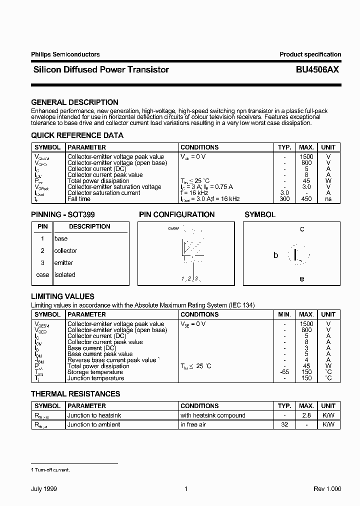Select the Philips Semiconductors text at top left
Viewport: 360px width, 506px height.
[x=65, y=54]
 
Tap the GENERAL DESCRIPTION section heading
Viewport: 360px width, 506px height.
[x=74, y=102]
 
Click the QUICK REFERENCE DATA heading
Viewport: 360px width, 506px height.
[x=77, y=135]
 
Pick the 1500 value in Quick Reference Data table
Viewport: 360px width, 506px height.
[x=306, y=157]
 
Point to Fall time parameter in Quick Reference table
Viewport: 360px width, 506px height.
[x=78, y=199]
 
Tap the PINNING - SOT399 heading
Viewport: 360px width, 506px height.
[x=63, y=214]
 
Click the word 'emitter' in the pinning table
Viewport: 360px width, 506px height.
[x=63, y=263]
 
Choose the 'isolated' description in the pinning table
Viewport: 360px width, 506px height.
[x=64, y=275]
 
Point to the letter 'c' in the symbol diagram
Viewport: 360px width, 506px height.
[x=301, y=229]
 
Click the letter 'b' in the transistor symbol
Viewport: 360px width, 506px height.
[x=275, y=255]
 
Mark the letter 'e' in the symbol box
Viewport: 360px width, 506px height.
[x=301, y=279]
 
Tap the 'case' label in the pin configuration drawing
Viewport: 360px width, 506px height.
[x=173, y=228]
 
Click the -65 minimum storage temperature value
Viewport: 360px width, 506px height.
[x=284, y=372]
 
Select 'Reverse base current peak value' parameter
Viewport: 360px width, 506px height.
[x=112, y=360]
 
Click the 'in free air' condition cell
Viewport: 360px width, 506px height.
[x=195, y=424]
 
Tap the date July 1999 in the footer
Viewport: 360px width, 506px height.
[x=47, y=488]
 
